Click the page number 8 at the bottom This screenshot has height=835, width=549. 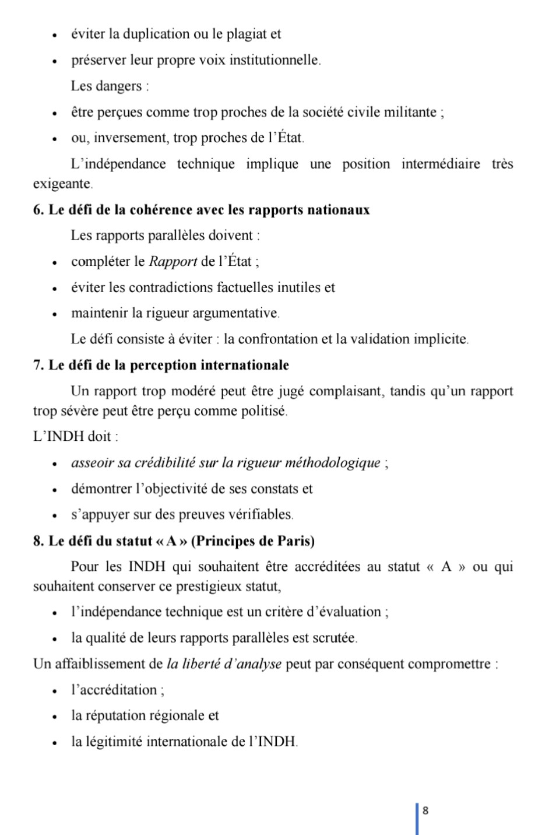point(425,811)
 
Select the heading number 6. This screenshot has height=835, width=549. point(38,210)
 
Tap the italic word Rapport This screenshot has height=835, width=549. point(173,261)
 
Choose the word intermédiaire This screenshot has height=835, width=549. point(441,164)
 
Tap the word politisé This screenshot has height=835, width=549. point(265,411)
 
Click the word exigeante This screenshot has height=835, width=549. point(62,184)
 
